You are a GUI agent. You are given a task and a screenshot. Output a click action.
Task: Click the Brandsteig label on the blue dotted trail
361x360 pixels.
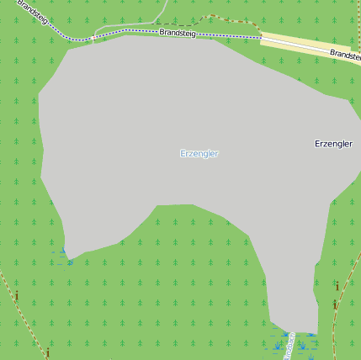pyautogui.click(x=177, y=33)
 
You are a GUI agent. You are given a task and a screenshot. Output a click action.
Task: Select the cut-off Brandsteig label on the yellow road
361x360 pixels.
pyautogui.click(x=344, y=54)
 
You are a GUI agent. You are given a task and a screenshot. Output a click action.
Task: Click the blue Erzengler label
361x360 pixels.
pyautogui.click(x=199, y=154)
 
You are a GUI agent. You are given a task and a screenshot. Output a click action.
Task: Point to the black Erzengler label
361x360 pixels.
pyautogui.click(x=332, y=144)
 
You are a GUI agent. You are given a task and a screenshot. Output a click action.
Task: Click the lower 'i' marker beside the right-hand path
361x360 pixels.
pyautogui.click(x=335, y=304)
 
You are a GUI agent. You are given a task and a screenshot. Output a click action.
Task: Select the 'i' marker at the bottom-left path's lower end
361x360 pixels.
pyautogui.click(x=48, y=352)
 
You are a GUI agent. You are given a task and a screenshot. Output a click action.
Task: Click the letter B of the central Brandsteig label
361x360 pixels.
pyautogui.click(x=162, y=32)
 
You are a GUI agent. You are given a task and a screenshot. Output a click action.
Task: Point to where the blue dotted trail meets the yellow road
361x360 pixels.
pyautogui.click(x=260, y=37)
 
